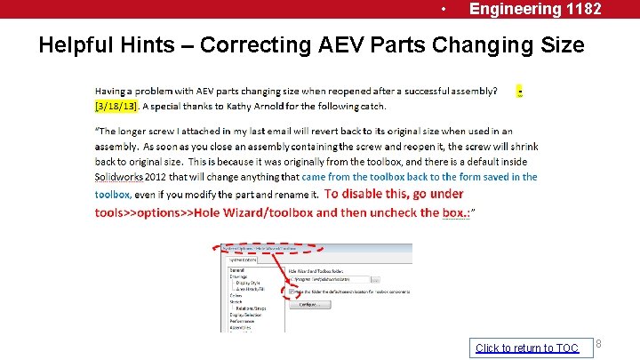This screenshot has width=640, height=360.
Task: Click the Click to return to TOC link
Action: pyautogui.click(x=526, y=348)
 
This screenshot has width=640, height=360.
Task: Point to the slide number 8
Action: pyautogui.click(x=598, y=344)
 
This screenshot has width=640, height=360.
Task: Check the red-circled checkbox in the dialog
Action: pyautogui.click(x=292, y=292)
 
